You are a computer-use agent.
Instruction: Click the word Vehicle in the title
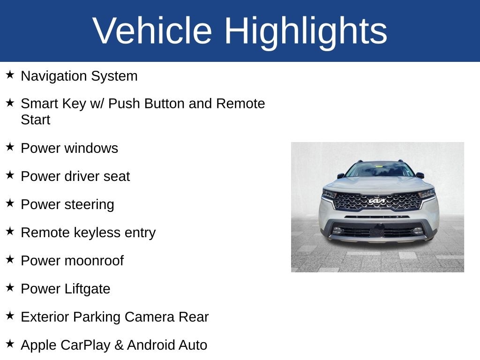(152, 30)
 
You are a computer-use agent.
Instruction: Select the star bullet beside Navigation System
(10, 75)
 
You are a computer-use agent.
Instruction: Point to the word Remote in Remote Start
(240, 104)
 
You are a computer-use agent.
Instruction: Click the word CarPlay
(86, 345)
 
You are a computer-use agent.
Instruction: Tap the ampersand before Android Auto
(119, 345)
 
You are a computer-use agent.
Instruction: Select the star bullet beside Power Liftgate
(10, 287)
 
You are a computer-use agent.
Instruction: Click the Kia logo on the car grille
(377, 201)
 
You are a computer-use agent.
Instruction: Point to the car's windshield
(380, 169)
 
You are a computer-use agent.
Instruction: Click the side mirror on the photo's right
(420, 175)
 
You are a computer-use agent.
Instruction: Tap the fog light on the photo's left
(337, 230)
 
